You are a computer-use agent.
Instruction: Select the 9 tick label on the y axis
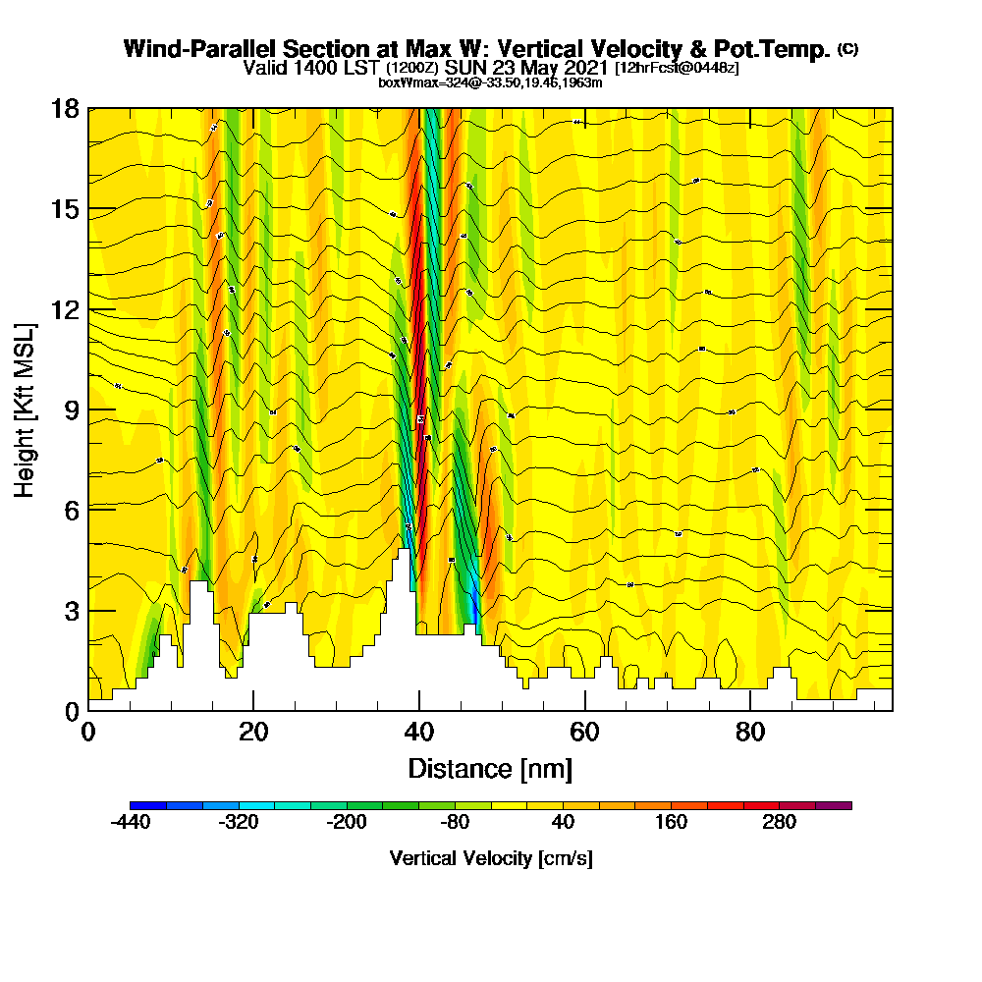pos(71,409)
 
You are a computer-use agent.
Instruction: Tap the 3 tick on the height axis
pos(71,610)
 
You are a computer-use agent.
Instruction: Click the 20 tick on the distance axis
pos(253,732)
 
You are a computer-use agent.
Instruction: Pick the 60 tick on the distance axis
pos(585,732)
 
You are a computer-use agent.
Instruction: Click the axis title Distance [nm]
pos(490,768)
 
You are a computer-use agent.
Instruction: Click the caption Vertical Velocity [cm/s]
pos(491,858)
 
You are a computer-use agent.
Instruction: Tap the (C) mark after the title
pos(847,49)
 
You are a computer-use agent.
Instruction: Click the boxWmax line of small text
pos(490,82)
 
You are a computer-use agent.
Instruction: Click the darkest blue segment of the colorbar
pos(148,805)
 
